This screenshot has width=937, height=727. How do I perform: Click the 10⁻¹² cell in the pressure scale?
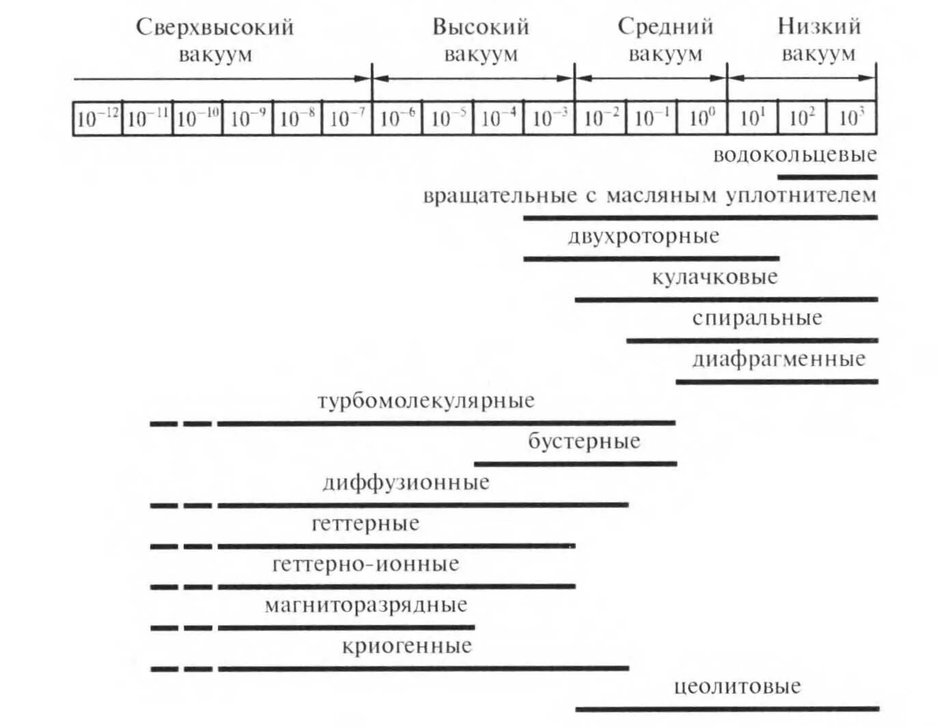[98, 119]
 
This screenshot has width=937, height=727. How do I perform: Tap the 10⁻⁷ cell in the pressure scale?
[347, 119]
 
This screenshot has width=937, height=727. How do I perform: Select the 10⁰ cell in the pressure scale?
[702, 119]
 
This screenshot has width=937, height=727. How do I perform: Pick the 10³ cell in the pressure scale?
[852, 119]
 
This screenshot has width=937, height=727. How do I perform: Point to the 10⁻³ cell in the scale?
[549, 119]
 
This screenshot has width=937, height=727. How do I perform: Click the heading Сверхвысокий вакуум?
[215, 40]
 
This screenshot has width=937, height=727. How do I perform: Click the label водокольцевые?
[794, 154]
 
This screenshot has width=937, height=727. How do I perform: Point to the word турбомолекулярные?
[425, 400]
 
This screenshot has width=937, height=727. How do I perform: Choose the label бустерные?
[584, 441]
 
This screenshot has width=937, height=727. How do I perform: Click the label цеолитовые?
[737, 686]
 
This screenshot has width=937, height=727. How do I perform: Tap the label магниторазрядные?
[366, 605]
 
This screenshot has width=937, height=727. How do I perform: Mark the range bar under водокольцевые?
[827, 177]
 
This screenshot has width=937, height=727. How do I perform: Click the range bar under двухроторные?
[651, 258]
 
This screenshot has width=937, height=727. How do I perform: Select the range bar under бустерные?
[575, 463]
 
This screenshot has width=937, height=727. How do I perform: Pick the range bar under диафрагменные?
[777, 381]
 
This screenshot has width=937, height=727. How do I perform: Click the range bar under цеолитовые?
[727, 709]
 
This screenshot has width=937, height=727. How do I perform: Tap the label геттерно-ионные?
[365, 564]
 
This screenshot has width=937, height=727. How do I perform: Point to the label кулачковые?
[714, 277]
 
